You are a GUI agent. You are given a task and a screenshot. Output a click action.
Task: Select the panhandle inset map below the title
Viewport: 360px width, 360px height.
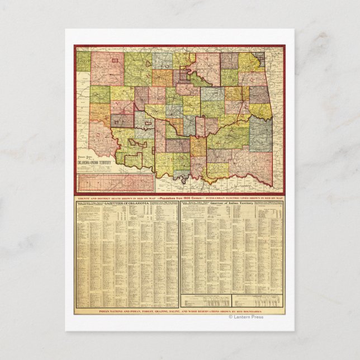click(116, 183)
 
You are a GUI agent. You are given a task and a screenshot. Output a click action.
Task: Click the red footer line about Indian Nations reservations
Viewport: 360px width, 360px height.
click(180, 310)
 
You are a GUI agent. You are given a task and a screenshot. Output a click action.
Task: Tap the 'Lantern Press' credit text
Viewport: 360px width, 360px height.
click(248, 317)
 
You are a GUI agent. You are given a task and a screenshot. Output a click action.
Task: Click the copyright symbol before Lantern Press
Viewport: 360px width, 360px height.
click(230, 317)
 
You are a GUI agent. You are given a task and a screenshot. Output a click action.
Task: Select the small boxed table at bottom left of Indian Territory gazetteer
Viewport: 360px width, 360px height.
click(205, 301)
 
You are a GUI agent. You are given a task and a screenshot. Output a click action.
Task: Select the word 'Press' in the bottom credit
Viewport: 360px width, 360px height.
click(257, 317)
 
